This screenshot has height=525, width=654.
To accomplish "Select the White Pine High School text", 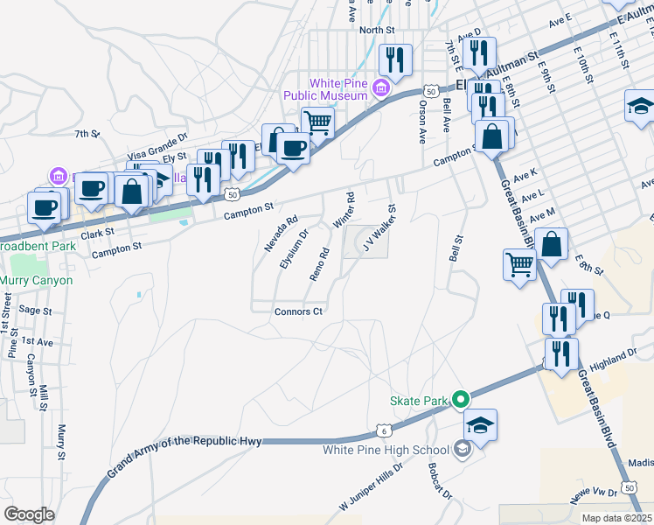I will point(385,451).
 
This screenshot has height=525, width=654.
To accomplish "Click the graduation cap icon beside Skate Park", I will point(480,426).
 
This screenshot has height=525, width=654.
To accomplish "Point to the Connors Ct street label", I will point(299,311).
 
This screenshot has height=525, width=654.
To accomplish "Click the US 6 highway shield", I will point(384,430).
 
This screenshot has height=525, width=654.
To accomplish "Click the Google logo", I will point(29,514).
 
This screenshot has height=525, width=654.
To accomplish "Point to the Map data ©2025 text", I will point(616,518).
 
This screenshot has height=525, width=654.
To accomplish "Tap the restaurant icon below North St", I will point(396,59).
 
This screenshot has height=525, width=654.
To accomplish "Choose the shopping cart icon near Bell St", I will point(519,264).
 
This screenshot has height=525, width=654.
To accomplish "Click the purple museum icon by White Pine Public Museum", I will point(381,87).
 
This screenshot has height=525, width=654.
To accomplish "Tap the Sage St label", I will point(36,310).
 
